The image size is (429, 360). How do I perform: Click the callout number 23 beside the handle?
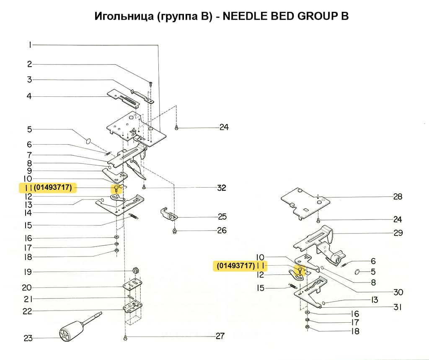(x=28, y=338)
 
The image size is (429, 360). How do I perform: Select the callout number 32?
(x=222, y=188)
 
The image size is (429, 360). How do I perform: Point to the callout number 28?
(x=398, y=197)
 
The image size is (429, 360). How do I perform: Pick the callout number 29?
(x=398, y=233)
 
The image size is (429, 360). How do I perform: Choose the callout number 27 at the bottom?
(x=220, y=336)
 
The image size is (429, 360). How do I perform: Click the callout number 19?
(x=28, y=272)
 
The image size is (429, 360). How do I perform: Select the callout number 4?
(x=29, y=96)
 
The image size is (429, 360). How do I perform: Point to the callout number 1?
(x=30, y=45)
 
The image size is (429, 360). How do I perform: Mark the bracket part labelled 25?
(x=169, y=214)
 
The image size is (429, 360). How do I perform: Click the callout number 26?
(x=222, y=231)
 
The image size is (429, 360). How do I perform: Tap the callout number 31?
(x=398, y=307)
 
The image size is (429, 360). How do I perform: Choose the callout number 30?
(x=398, y=292)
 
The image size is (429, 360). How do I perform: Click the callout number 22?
(x=28, y=311)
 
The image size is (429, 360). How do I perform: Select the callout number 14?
(x=28, y=213)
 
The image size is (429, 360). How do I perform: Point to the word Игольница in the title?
(x=119, y=16)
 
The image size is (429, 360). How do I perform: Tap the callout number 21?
(x=28, y=299)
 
